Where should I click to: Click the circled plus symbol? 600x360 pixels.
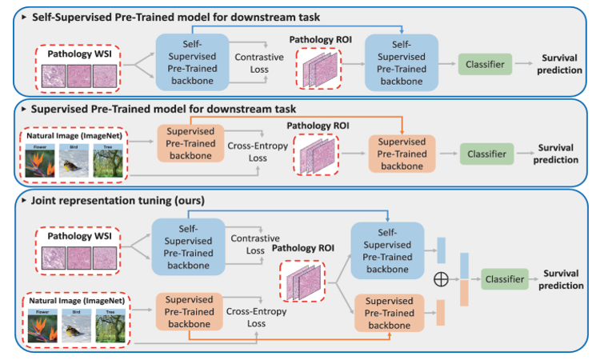(439, 280)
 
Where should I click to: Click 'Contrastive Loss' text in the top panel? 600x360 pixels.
(254, 64)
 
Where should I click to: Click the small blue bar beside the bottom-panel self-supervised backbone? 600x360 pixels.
(442, 250)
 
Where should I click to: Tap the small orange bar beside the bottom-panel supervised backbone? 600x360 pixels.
(441, 311)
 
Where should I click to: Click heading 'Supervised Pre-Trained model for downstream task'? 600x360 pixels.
(163, 109)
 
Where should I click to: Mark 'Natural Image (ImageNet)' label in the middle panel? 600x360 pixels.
(74, 138)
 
